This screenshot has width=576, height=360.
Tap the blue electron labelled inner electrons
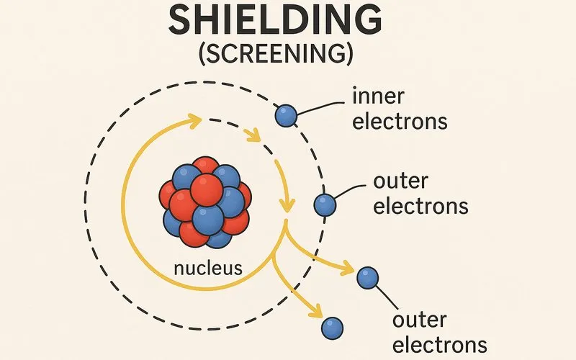coord(287,115)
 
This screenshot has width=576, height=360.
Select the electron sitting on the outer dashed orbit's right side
coord(325,205)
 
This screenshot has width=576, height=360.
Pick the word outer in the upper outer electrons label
coord(398,182)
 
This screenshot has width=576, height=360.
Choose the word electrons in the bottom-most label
coord(440,344)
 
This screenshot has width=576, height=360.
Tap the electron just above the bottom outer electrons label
coord(367,277)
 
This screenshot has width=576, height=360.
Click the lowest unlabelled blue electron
coord(332,328)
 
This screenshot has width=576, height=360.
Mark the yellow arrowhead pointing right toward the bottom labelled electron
coord(346,271)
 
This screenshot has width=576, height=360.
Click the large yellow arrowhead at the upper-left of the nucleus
coord(192,120)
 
